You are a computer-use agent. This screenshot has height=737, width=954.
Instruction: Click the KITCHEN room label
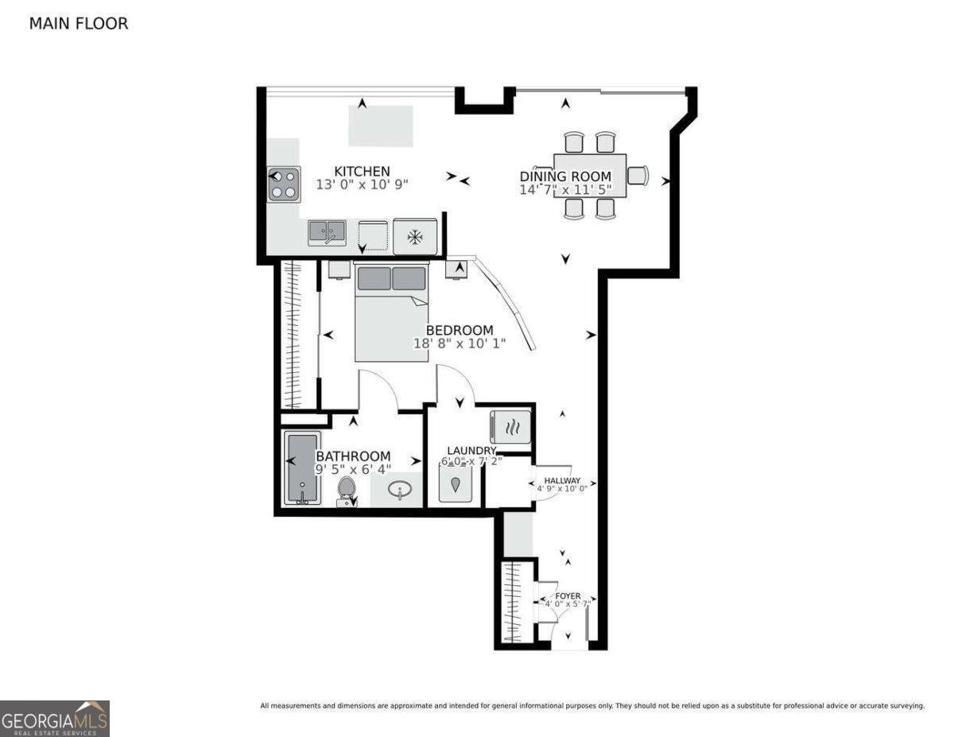(x=362, y=171)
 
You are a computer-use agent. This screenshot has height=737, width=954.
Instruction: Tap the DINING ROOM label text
(x=565, y=176)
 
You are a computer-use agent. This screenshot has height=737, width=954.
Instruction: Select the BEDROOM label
(x=459, y=330)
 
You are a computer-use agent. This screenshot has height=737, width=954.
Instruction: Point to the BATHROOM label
(x=353, y=456)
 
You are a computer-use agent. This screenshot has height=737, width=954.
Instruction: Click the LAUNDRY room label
(x=471, y=451)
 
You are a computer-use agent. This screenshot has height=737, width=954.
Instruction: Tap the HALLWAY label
(x=562, y=481)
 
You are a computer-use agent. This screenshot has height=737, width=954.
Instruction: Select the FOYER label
(x=568, y=595)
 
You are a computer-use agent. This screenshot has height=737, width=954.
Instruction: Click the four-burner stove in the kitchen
(x=285, y=184)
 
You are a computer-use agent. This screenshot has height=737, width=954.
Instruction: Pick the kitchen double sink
(x=327, y=232)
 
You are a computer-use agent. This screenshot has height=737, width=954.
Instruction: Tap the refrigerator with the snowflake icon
(x=414, y=236)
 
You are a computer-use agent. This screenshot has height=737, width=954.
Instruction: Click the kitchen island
(x=381, y=126)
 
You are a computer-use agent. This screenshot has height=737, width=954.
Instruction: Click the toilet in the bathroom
(x=347, y=490)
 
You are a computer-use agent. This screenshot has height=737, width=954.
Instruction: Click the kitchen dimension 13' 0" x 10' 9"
(x=362, y=185)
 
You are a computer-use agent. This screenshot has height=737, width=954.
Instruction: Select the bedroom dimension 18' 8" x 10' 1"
(x=460, y=344)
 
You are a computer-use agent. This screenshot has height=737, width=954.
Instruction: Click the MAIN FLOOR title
(x=78, y=24)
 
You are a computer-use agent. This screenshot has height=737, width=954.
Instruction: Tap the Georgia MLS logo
(x=55, y=718)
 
